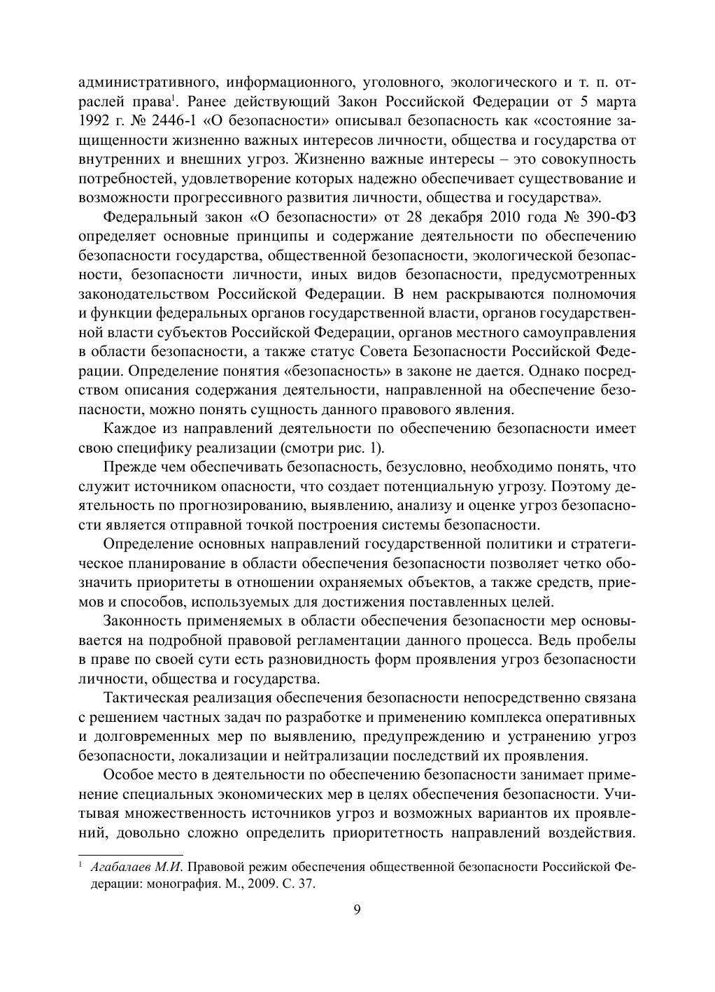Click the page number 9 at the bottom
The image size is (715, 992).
point(357,909)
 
